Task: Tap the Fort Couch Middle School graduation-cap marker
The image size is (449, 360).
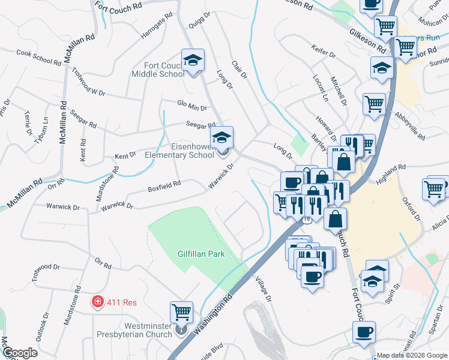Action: point(193,60)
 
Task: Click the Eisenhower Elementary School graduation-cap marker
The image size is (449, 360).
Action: point(222,138)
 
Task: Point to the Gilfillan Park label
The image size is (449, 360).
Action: point(201,254)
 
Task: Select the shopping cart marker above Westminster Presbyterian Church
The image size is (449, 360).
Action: point(181,312)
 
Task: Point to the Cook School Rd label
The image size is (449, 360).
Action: point(39,57)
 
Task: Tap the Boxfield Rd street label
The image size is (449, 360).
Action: point(164,187)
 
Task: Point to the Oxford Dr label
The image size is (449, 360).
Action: point(413,207)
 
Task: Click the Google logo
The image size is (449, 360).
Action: point(19,353)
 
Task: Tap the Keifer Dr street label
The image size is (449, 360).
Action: point(324,50)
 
